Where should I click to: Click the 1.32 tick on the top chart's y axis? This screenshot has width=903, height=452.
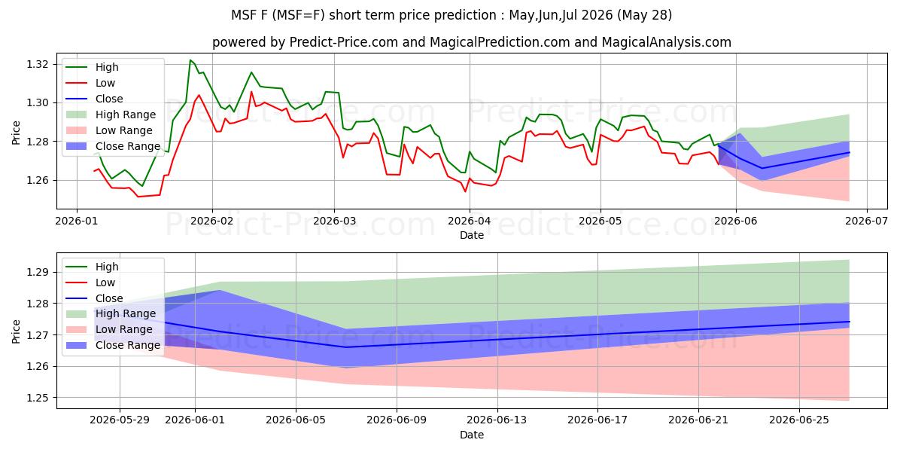38,65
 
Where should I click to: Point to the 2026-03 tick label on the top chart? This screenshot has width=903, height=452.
334,221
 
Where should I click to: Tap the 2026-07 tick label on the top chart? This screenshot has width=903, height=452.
866,221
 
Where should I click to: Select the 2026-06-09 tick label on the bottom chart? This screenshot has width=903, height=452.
397,420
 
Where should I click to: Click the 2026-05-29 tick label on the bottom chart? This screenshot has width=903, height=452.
120,420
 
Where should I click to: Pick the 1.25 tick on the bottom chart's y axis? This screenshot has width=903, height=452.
38,398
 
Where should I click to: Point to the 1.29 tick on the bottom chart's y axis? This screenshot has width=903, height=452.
38,273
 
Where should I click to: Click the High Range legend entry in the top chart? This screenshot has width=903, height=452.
111,115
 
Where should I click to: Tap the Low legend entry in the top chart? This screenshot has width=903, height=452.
91,83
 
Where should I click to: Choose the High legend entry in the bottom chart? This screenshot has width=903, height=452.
93,267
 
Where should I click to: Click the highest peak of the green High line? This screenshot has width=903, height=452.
190,60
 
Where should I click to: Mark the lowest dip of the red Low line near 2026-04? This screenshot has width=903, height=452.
465,191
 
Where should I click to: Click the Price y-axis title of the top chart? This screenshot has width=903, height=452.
16,133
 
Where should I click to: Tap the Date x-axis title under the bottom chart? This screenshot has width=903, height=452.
472,435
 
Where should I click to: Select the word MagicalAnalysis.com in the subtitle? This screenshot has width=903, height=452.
667,42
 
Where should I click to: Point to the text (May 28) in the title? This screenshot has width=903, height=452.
644,15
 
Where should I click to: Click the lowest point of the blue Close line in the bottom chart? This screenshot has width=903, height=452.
346,347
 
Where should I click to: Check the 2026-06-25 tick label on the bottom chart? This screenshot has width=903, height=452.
799,420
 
